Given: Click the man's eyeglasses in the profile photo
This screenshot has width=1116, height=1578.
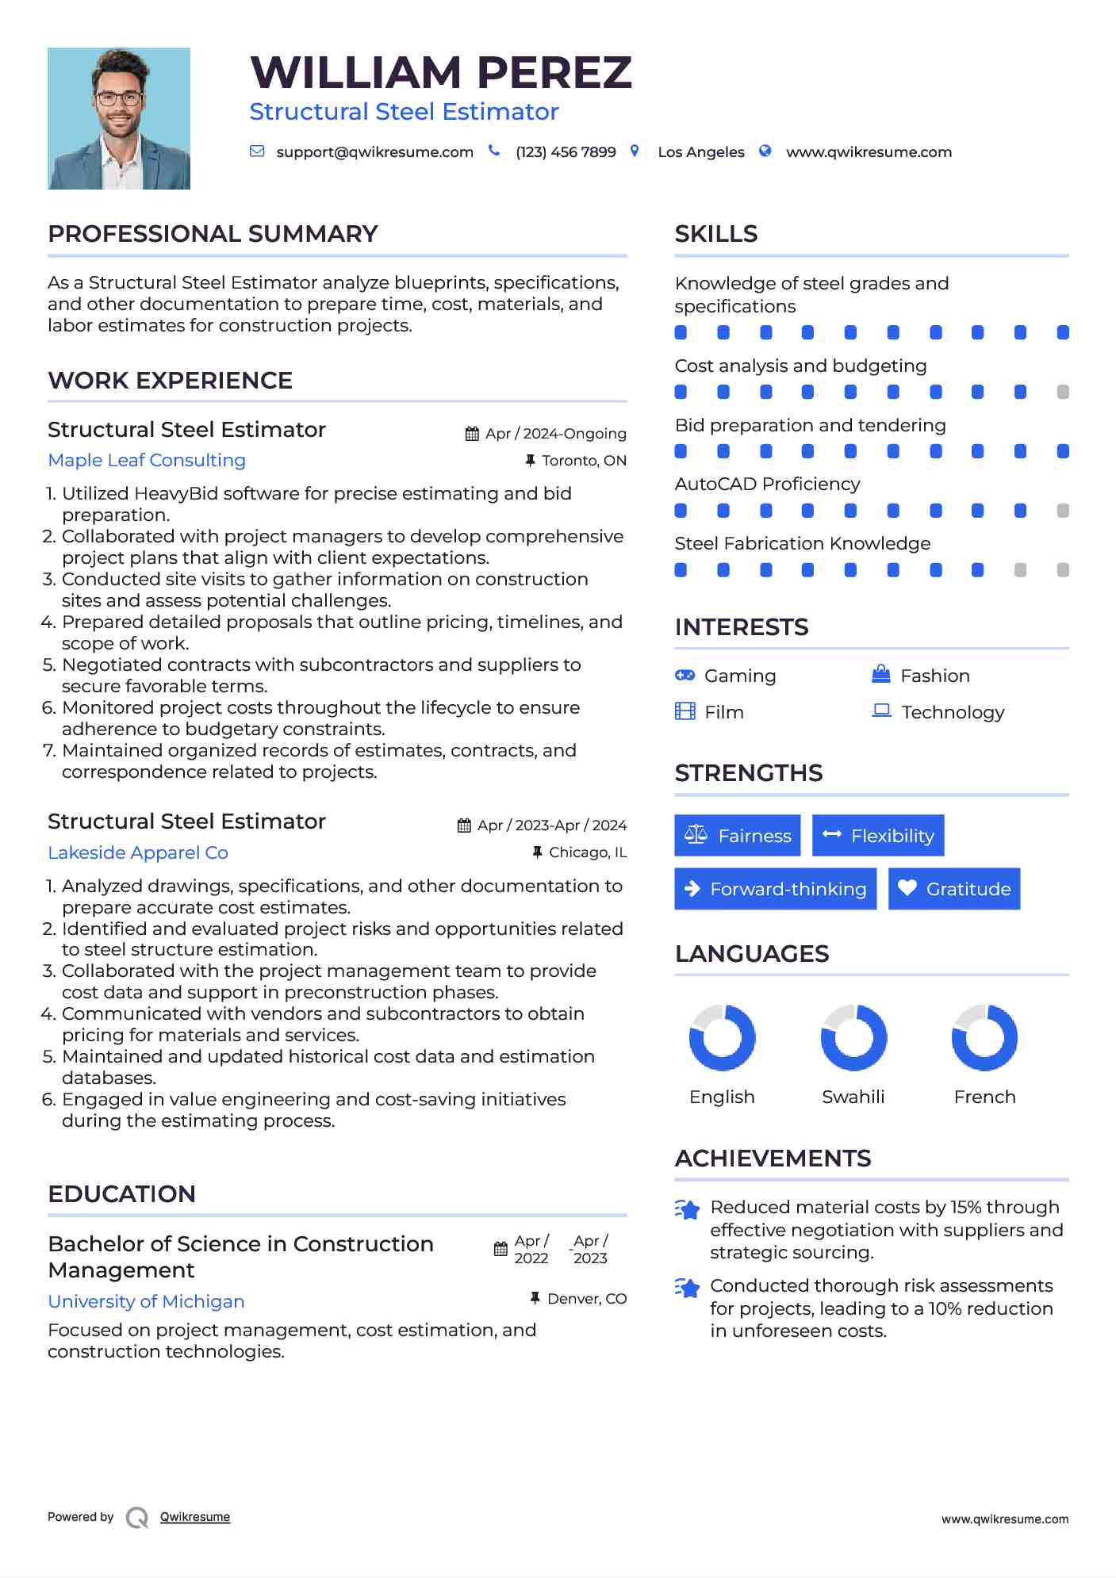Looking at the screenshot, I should tap(119, 99).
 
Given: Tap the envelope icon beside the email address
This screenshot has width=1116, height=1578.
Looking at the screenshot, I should tap(257, 151).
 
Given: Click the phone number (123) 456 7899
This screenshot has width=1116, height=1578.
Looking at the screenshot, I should tap(566, 152).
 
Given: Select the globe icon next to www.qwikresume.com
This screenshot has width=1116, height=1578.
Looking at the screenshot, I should tap(765, 151).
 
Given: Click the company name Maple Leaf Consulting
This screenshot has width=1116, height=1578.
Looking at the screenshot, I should tap(147, 461).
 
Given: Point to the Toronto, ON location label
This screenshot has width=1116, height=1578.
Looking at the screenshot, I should tap(584, 461).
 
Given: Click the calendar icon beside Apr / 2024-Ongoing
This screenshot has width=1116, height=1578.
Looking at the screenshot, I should tap(472, 434).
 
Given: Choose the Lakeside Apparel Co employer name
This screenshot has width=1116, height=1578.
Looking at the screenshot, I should tap(138, 853).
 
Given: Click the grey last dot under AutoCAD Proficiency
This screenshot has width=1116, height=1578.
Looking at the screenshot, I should tap(1063, 511).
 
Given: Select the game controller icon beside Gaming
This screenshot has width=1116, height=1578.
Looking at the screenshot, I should tap(685, 676).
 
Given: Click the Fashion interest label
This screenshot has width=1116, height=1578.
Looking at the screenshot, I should tap(935, 676).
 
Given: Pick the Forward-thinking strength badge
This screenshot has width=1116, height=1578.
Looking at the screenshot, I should tap(775, 889).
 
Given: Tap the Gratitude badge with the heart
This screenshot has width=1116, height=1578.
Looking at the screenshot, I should tap(954, 889).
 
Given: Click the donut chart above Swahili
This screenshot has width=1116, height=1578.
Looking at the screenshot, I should tap(853, 1038).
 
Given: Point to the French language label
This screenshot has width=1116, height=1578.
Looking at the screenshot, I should tap(984, 1097).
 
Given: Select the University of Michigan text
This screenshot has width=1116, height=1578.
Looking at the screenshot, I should tap(146, 1302).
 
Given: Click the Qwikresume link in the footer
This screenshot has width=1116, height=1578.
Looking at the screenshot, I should tap(195, 1517).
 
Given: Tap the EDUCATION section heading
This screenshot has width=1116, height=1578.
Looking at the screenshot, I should tap(121, 1194).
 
